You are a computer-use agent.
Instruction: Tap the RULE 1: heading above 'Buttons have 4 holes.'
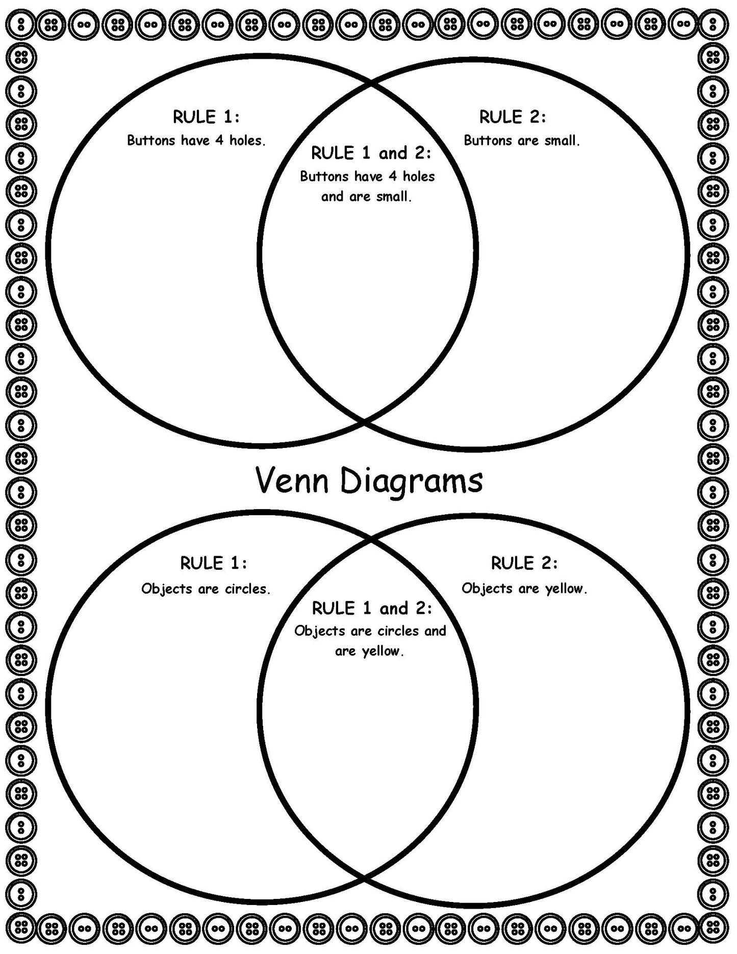206,117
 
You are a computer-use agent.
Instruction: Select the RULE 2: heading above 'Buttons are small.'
512,117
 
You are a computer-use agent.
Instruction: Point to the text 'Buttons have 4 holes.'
196,140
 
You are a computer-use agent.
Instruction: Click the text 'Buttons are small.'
521,140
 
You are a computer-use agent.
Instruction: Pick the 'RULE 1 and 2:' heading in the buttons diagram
371,153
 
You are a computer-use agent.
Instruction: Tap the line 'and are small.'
366,196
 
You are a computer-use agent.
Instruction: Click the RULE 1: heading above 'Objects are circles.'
213,563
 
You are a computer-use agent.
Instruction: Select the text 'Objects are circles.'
206,589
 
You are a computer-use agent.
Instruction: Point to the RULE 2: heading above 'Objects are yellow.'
524,563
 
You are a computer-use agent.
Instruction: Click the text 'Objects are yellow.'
524,589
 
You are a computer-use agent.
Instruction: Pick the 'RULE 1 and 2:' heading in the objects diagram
371,608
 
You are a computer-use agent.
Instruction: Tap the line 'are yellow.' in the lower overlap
369,651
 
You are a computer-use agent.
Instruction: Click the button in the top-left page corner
21,23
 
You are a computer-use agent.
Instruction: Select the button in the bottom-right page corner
713,926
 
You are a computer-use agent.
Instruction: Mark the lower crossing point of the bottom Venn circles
364,877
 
